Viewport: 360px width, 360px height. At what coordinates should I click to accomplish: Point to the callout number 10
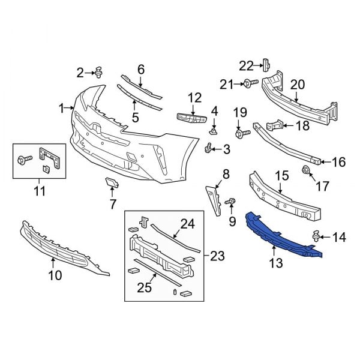(55, 276)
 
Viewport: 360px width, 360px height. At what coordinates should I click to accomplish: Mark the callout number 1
(61, 108)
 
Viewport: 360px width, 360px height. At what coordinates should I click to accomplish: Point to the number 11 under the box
(40, 191)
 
